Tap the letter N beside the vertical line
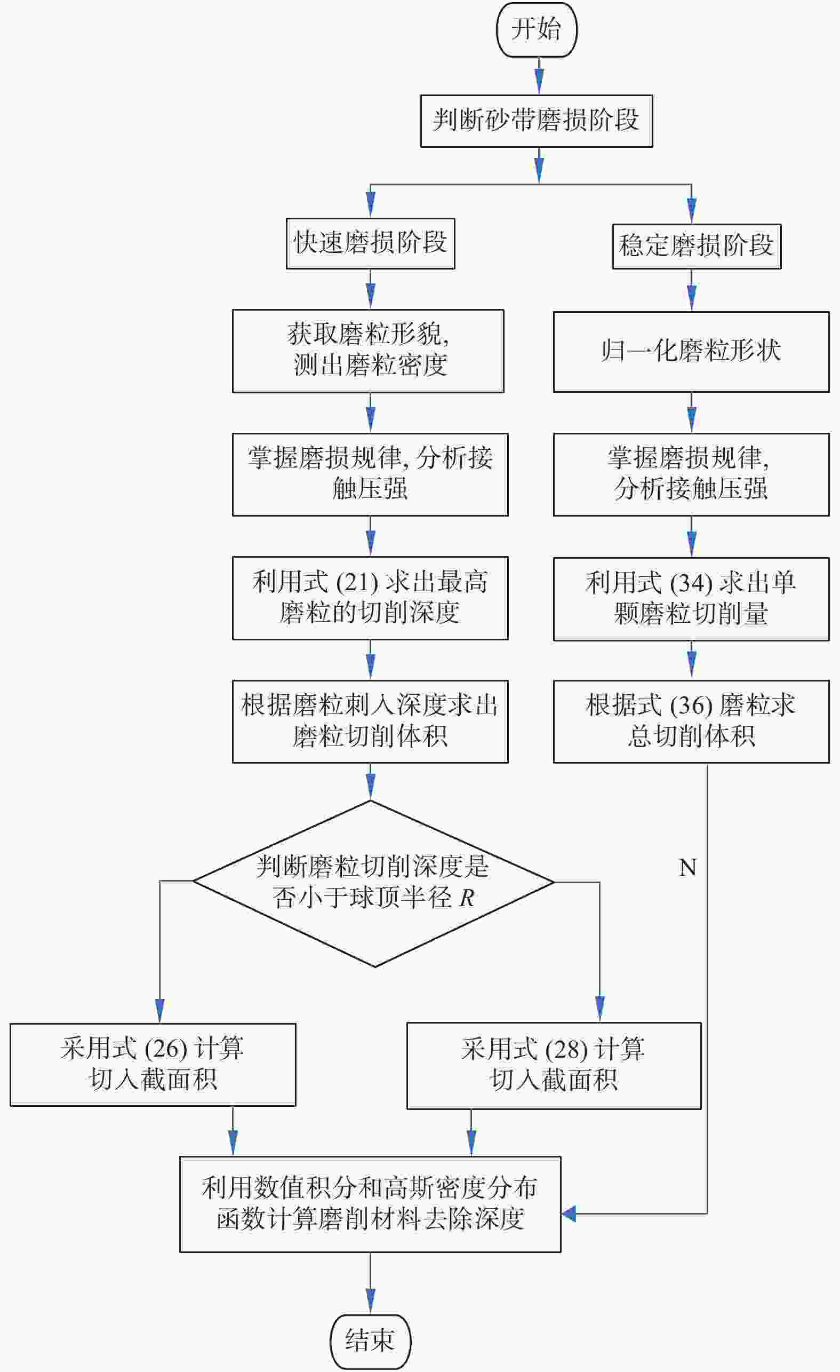(x=687, y=867)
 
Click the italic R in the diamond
(x=467, y=898)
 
